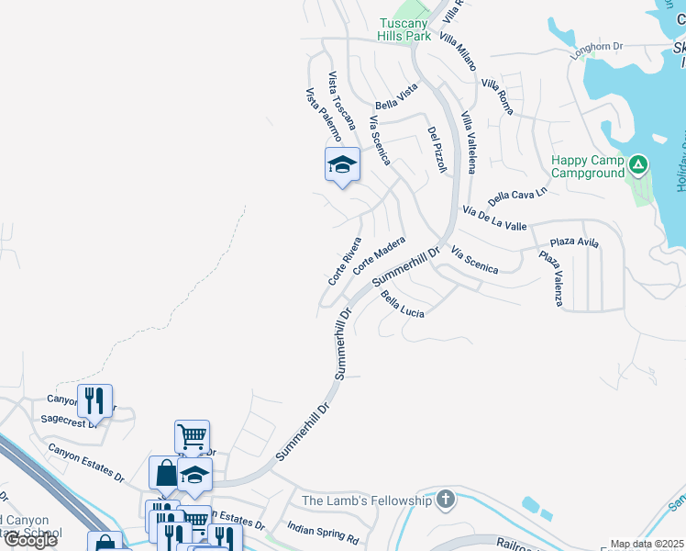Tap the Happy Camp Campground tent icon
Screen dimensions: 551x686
(638, 166)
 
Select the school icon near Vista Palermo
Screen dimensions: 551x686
(342, 164)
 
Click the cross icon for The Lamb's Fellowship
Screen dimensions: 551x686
(445, 500)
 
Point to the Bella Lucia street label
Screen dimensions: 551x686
(403, 305)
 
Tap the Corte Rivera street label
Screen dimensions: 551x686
(345, 262)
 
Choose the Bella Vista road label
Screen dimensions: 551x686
(396, 95)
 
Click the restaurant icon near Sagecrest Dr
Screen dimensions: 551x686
(94, 399)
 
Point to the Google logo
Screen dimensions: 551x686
(29, 540)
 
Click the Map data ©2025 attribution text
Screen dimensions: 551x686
(647, 544)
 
